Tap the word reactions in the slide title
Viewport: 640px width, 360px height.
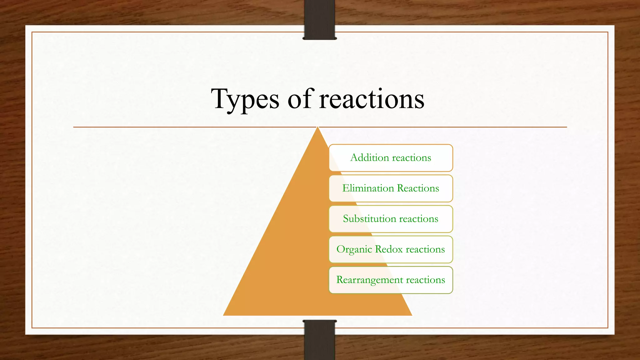[372, 99]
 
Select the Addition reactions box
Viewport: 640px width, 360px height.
[391, 158]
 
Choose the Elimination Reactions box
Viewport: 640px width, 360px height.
[391, 188]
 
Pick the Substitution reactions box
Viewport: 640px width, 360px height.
[391, 219]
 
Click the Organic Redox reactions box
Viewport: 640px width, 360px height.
[391, 249]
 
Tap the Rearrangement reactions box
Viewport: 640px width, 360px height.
[391, 280]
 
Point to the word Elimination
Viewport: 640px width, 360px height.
[368, 188]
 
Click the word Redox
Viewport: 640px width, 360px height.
[389, 249]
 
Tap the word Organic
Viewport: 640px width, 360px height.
[354, 250]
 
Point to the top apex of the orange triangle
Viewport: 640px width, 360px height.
[317, 127]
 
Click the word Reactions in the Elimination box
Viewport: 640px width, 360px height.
[418, 188]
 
